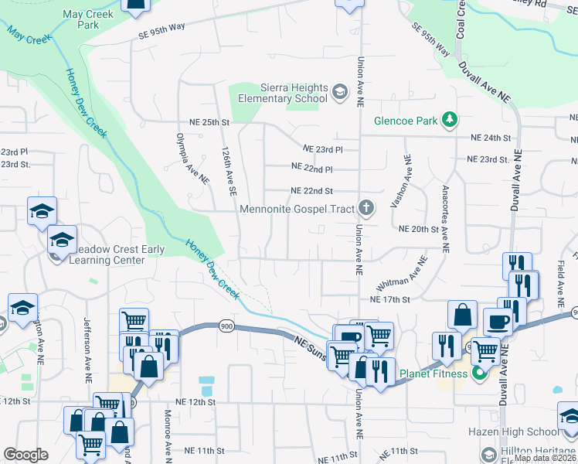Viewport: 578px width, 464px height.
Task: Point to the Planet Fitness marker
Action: (479, 374)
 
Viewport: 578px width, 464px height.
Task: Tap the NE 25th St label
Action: (210, 122)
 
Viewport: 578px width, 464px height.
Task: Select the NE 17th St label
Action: (389, 299)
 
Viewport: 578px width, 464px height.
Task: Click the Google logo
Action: (25, 455)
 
